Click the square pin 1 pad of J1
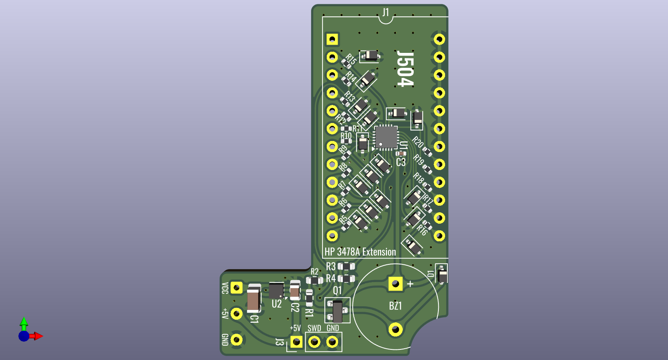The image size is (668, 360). (x=332, y=39)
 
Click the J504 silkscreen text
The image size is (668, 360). (x=405, y=68)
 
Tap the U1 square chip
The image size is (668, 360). (x=386, y=137)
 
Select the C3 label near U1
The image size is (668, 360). (x=401, y=162)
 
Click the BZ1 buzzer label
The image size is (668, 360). (x=395, y=306)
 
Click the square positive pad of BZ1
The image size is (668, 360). (x=395, y=284)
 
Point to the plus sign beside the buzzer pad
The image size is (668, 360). (x=410, y=284)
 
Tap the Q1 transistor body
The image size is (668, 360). (x=337, y=311)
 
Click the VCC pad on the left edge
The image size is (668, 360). (x=236, y=288)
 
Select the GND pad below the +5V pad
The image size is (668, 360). (x=236, y=340)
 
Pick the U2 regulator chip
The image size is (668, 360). (x=276, y=291)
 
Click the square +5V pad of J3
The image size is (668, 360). (x=296, y=342)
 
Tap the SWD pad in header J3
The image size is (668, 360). (x=314, y=342)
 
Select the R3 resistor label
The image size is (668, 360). (x=331, y=267)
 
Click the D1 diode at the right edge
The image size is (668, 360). (x=442, y=274)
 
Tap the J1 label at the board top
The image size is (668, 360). (x=386, y=12)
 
